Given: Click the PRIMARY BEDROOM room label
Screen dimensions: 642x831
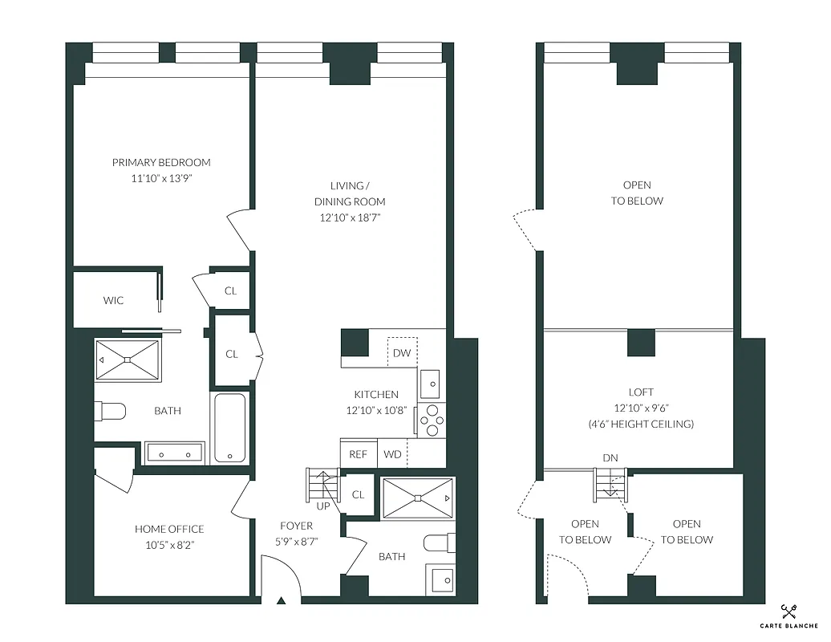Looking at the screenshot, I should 161,162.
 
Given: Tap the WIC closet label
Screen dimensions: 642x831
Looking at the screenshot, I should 113,301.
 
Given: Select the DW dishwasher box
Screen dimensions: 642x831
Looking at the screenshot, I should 402,353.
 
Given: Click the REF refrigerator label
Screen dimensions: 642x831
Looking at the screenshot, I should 358,454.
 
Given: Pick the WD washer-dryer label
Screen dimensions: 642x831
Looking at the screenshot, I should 393,454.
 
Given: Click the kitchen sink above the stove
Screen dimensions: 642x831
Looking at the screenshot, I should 429,384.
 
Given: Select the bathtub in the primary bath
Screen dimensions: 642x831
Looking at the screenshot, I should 230,428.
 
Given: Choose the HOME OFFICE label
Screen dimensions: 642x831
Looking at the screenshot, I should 168,529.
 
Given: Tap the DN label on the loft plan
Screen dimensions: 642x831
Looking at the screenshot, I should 610,457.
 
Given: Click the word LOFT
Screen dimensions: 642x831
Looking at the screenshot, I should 641,392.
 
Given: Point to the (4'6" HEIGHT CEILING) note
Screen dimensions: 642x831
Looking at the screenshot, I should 641,424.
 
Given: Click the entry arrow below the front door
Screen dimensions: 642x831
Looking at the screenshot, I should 281,600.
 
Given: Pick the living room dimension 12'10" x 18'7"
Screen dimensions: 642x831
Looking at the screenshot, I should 349,217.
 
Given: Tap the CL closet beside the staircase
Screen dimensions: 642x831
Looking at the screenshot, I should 358,494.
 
